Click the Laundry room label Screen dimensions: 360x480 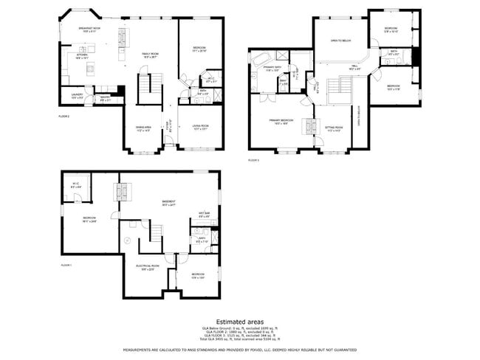point(76,95)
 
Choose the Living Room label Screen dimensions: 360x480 point(200,127)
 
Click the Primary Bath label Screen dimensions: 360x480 point(273,69)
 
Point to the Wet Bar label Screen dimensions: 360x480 point(204,215)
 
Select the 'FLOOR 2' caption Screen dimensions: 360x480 point(64,117)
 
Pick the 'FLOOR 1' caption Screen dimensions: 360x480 point(66,265)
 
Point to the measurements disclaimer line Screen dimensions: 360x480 point(239,350)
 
